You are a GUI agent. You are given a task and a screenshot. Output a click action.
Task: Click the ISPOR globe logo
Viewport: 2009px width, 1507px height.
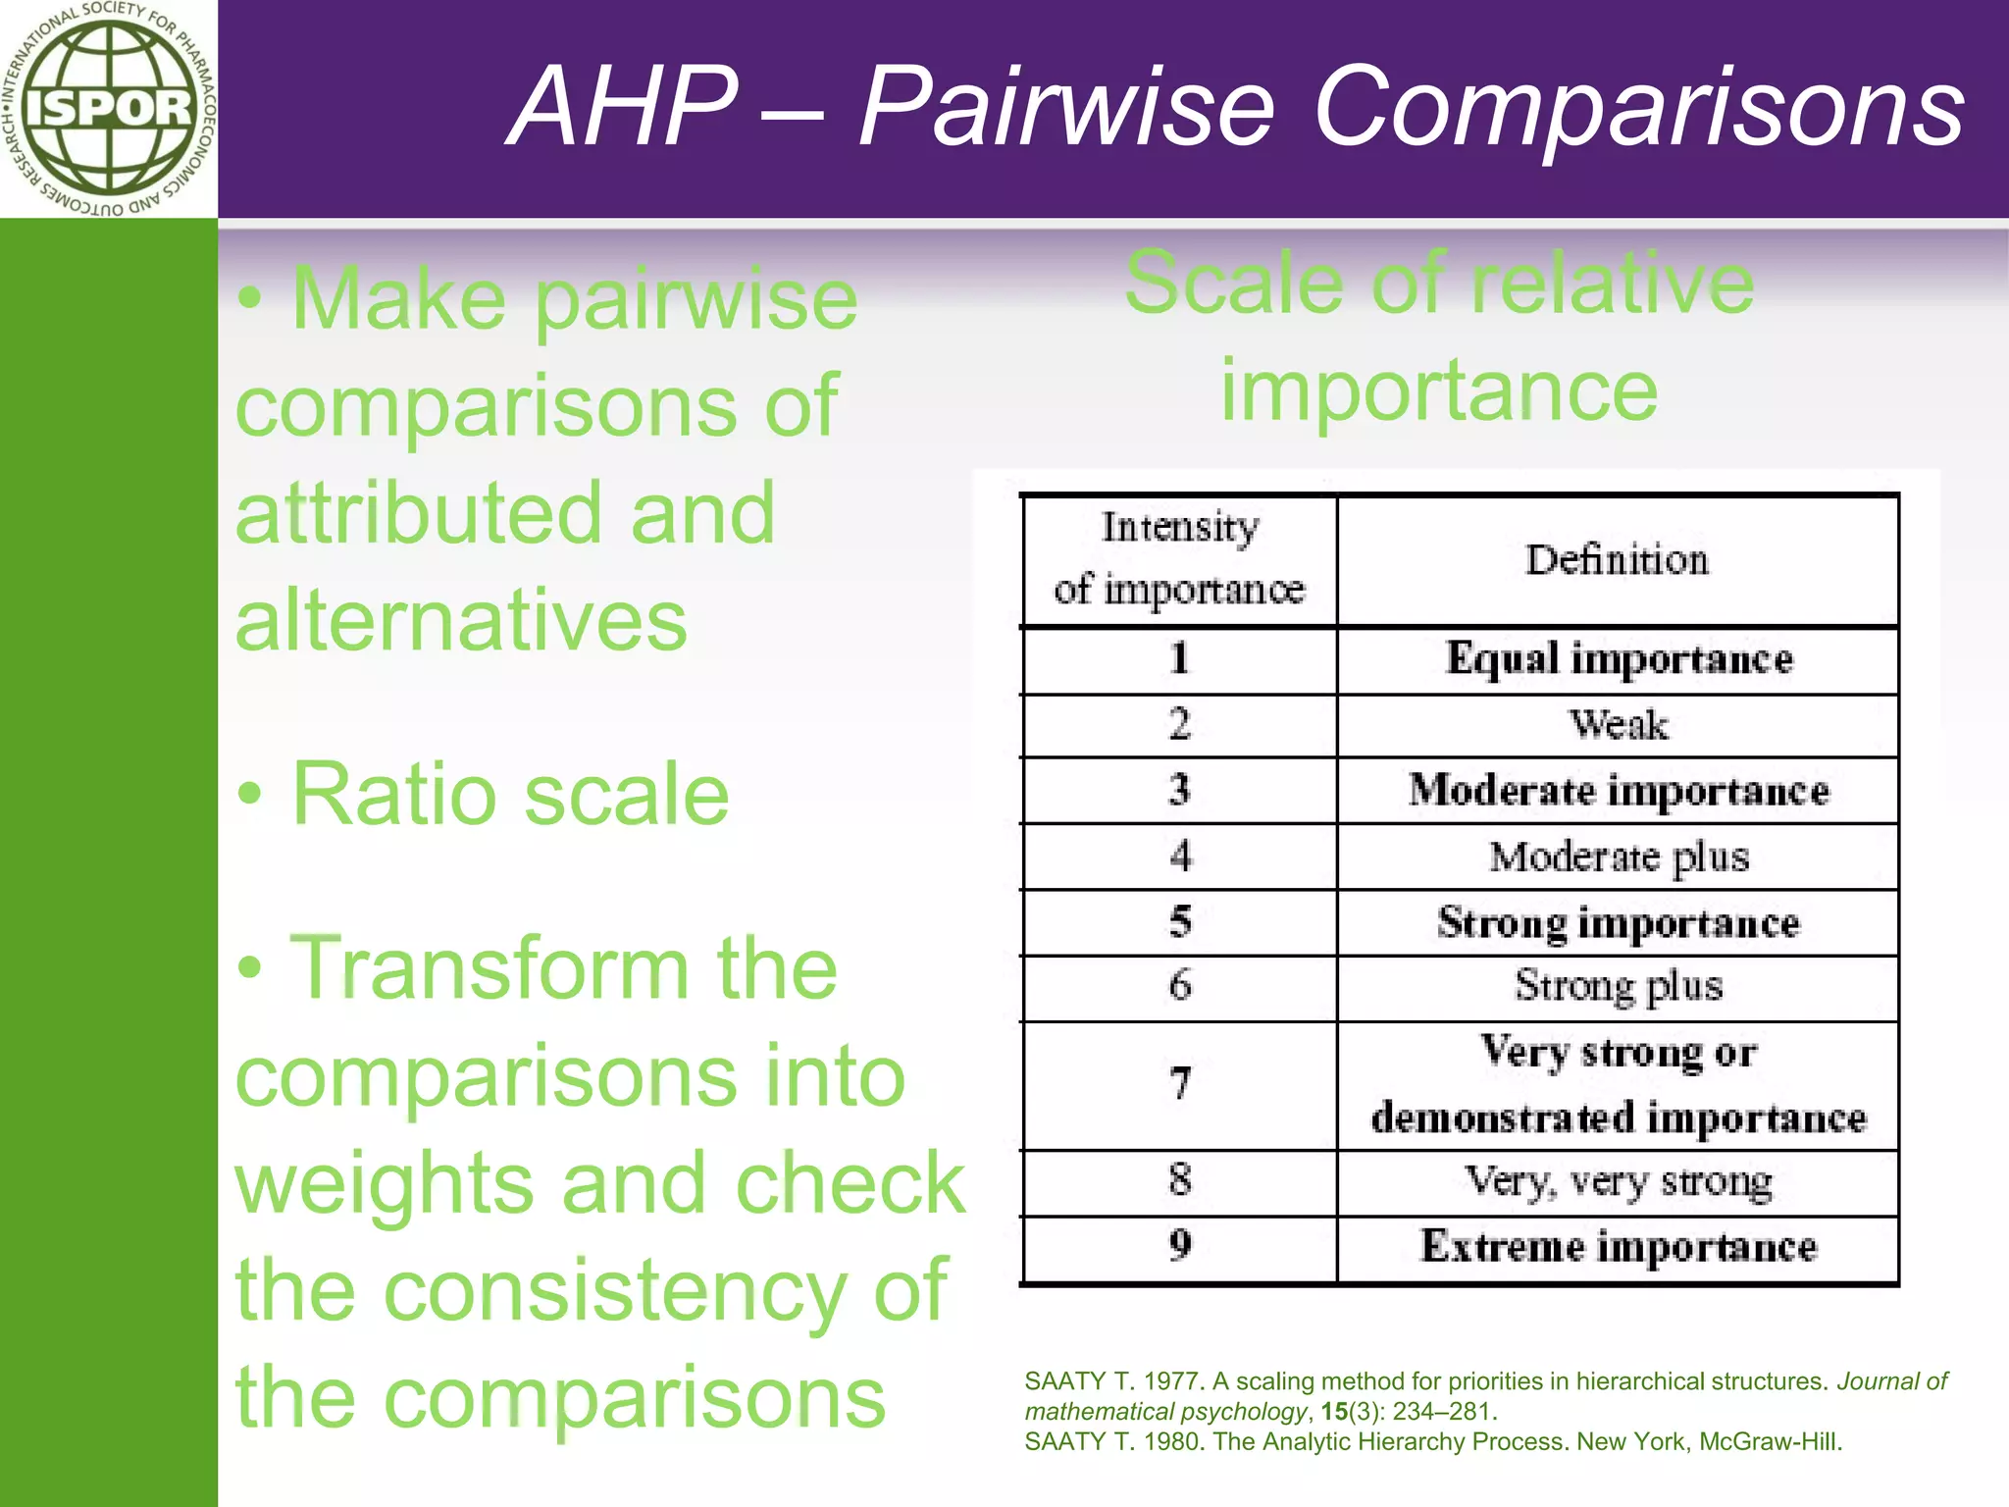[108, 108]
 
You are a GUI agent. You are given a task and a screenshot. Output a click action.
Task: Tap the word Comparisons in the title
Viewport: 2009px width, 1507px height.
[1639, 106]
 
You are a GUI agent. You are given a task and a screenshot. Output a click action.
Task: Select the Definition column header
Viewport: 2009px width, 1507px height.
[1617, 560]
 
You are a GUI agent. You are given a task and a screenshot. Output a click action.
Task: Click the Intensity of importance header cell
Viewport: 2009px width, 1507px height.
[1179, 559]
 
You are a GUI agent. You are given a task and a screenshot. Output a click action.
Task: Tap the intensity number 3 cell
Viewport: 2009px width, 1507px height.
[1179, 790]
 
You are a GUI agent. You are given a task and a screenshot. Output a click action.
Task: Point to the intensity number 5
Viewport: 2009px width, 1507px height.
[1180, 922]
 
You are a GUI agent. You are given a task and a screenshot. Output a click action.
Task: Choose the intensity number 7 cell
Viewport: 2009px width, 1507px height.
[1180, 1084]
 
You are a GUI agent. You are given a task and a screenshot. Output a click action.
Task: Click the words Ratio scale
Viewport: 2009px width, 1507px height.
[510, 794]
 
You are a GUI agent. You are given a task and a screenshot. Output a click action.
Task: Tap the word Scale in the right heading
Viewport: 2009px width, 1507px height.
[1233, 284]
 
